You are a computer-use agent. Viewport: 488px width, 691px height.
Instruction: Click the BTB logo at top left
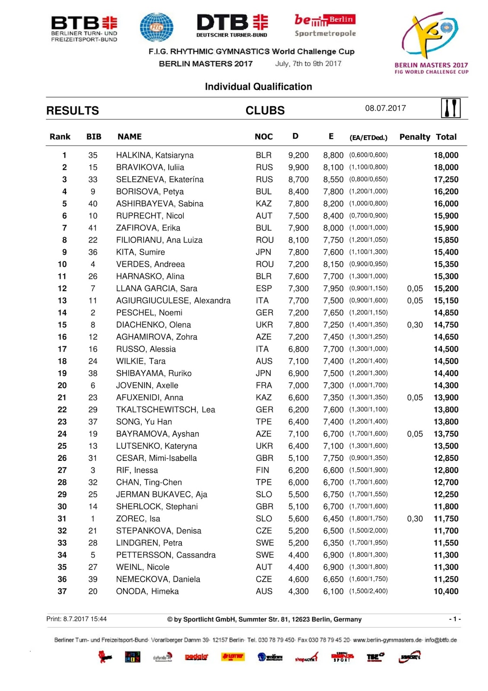tap(84, 29)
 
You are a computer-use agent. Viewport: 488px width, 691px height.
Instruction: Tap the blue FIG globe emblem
tap(156, 27)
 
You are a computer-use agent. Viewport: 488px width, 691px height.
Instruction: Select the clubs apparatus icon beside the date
tap(450, 108)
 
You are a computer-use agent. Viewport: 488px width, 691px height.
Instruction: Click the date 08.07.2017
tap(385, 108)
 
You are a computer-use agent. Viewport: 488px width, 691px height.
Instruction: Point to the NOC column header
tap(263, 137)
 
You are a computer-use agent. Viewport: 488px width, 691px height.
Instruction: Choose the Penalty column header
tap(415, 137)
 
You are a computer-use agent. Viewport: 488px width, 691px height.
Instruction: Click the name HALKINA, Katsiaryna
tap(155, 155)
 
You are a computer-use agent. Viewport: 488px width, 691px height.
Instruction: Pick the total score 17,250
tap(446, 179)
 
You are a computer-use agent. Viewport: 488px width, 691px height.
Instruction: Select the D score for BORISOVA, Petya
tap(298, 191)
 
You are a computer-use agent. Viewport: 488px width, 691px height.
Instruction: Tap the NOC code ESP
tap(264, 288)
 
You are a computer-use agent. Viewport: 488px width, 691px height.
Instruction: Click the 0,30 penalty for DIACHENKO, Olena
tap(415, 325)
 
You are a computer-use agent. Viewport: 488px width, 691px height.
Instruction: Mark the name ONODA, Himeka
tap(147, 591)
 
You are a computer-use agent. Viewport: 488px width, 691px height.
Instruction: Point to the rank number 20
tap(62, 385)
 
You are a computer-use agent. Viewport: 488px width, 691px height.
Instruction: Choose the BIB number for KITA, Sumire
tap(93, 252)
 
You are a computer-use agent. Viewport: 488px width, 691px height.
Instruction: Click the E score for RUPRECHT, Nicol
tap(333, 216)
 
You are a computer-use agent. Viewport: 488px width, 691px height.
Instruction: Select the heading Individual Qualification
tap(258, 87)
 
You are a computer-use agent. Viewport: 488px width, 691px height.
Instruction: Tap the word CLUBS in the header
tap(265, 111)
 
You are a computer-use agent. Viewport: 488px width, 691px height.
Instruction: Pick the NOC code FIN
tap(262, 470)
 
